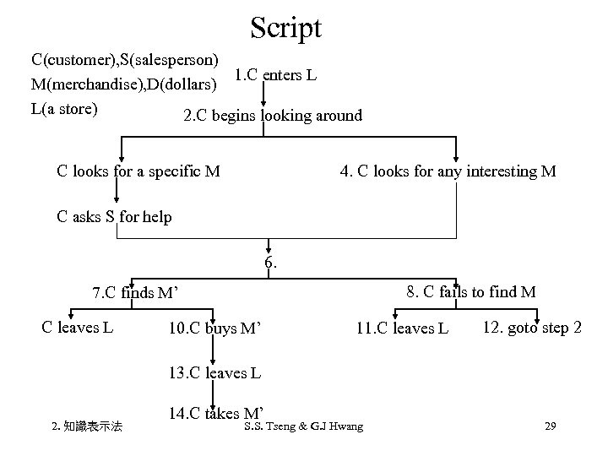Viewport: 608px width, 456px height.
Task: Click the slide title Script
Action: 285,28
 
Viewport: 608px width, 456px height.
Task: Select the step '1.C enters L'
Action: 275,76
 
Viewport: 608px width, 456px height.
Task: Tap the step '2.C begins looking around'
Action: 273,116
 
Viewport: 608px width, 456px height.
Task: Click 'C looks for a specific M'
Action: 138,171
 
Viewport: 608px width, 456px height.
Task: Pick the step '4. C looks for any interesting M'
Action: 448,171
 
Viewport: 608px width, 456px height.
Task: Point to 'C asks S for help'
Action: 114,217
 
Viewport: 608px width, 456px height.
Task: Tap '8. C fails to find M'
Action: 470,292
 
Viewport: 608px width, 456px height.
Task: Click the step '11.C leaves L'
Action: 401,328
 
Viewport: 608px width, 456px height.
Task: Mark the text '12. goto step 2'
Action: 532,327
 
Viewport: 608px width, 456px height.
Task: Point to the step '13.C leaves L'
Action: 214,372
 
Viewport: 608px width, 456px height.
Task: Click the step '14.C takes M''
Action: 214,413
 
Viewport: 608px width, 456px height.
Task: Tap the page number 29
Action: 550,426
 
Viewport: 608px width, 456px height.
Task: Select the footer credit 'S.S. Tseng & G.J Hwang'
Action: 302,426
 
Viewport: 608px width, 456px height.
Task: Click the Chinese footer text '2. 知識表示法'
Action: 87,427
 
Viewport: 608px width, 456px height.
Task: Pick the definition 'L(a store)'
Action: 64,108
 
